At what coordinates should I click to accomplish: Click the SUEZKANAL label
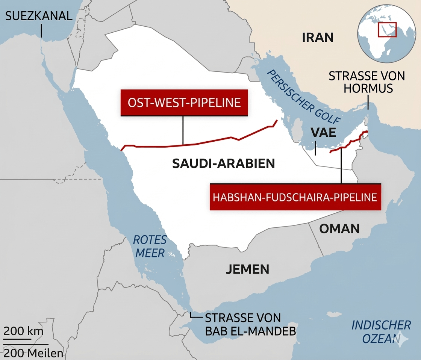pyautogui.click(x=38, y=16)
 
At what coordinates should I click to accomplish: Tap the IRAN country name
pyautogui.click(x=318, y=37)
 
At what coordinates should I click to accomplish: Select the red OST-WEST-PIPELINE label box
pyautogui.click(x=184, y=103)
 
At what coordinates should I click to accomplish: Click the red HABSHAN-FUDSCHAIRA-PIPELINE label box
pyautogui.click(x=295, y=197)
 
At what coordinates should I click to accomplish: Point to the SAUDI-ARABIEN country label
pyautogui.click(x=223, y=163)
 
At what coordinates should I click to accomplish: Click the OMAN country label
pyautogui.click(x=339, y=228)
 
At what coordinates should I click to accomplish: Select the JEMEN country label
pyautogui.click(x=247, y=269)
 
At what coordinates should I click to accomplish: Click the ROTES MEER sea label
pyautogui.click(x=150, y=247)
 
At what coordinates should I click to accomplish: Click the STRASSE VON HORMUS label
pyautogui.click(x=366, y=82)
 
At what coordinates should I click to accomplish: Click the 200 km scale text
pyautogui.click(x=23, y=331)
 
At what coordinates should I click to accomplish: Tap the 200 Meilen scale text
pyautogui.click(x=33, y=353)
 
